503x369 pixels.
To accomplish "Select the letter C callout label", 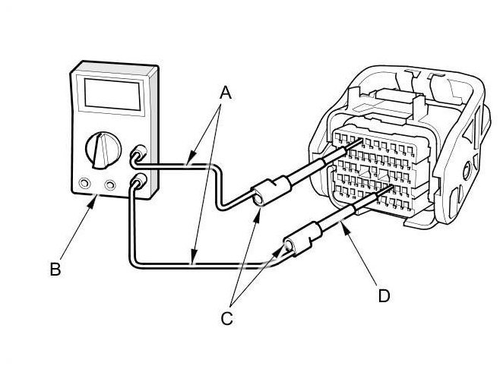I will (x=226, y=319).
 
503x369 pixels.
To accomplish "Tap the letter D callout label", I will (x=383, y=295).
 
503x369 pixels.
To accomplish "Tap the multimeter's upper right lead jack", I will (x=139, y=153).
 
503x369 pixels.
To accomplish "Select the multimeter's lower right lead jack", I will (x=139, y=181).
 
